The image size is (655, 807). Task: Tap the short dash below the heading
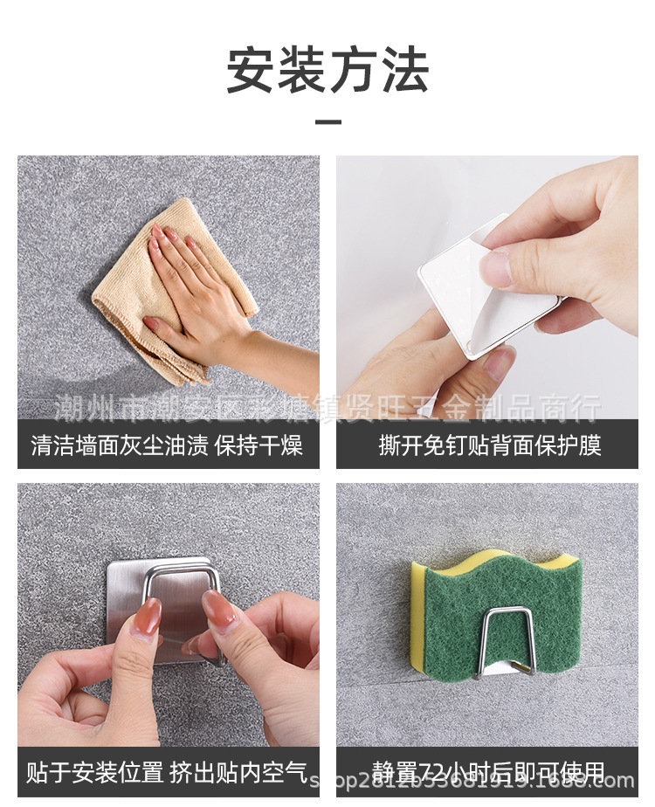327,121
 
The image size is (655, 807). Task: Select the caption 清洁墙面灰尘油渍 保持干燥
167,446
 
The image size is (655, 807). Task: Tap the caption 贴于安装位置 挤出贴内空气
167,772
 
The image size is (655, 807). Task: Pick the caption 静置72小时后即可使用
489,772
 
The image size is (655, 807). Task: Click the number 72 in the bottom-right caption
434,772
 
